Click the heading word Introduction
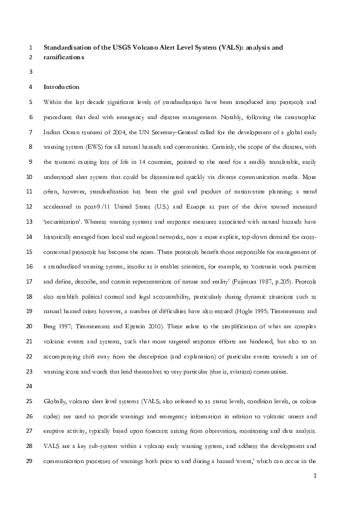[61, 87]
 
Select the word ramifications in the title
[64, 58]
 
